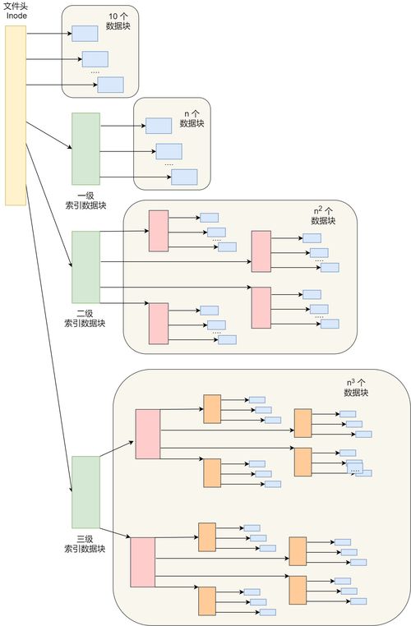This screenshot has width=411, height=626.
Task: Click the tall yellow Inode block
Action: [x=16, y=115]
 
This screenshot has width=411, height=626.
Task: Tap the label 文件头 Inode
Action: [x=17, y=11]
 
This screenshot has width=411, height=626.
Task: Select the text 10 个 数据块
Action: [x=118, y=21]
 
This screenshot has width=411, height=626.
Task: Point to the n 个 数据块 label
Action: [x=192, y=118]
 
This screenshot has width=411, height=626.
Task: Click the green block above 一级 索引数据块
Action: [x=85, y=149]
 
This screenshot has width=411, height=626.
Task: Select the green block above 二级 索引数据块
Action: [x=85, y=267]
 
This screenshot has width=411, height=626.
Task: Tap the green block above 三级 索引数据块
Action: [x=85, y=492]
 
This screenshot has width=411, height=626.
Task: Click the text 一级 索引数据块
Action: [x=85, y=200]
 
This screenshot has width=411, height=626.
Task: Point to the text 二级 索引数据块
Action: [x=85, y=318]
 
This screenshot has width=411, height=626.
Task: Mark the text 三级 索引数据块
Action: [x=85, y=543]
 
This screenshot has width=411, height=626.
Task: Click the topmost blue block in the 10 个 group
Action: [x=85, y=33]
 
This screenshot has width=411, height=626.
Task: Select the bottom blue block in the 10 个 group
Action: [x=110, y=84]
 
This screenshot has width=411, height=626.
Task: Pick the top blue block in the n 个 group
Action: [x=159, y=125]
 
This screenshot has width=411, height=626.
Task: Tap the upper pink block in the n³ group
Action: [x=148, y=433]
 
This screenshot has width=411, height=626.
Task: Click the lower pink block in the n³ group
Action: [x=142, y=562]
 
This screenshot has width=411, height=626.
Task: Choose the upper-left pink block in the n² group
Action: [x=158, y=231]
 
